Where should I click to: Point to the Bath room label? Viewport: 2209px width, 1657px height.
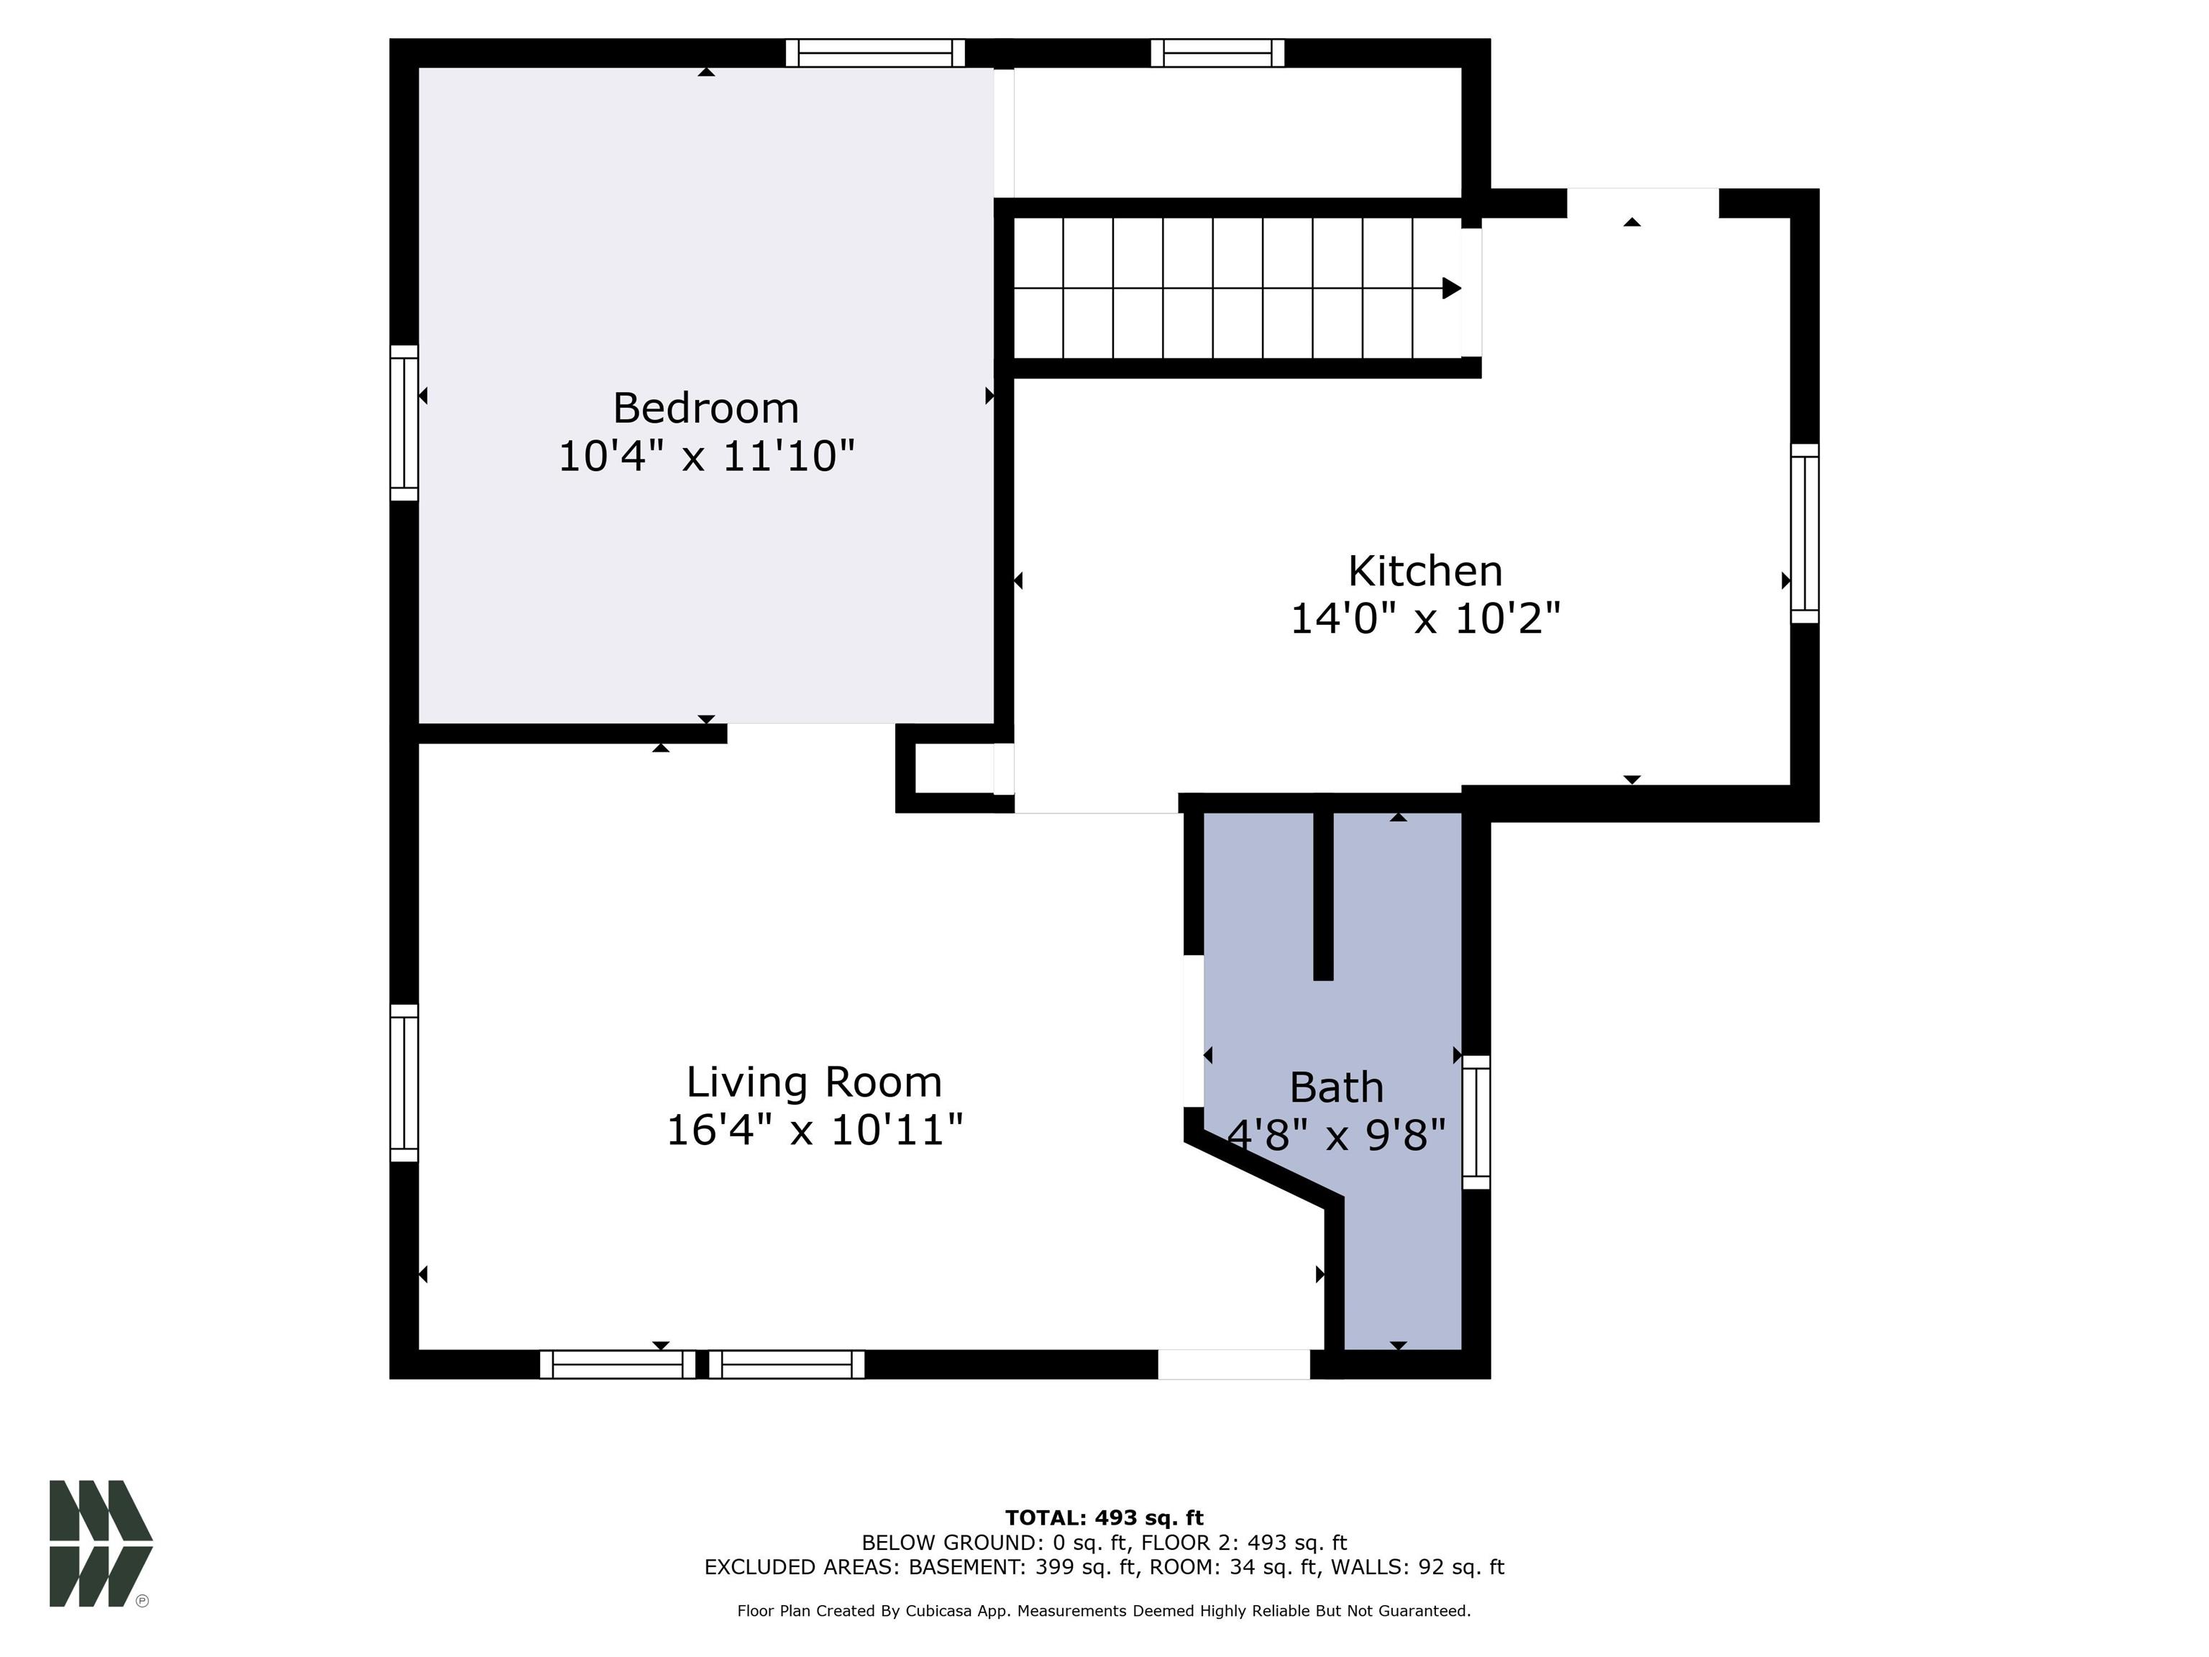coord(1336,1087)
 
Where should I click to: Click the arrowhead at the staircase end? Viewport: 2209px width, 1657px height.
coord(1451,288)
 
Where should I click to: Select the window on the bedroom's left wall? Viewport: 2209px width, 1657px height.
coord(403,422)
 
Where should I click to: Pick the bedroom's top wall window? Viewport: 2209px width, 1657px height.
coord(875,53)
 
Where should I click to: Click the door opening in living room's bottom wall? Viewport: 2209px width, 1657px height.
coord(1233,1364)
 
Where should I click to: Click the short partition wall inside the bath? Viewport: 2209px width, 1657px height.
coord(1322,895)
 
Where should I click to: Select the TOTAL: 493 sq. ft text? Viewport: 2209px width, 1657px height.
coord(1104,1518)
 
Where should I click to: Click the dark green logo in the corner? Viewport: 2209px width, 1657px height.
coord(100,1543)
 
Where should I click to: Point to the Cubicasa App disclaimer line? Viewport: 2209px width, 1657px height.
coord(1104,1611)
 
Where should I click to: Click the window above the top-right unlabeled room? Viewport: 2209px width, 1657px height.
coord(1217,53)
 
